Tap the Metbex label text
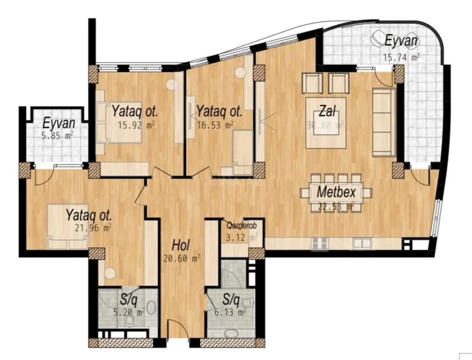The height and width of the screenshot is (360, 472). [x=337, y=192]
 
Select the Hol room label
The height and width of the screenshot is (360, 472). [x=181, y=246]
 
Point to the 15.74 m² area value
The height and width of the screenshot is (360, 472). [x=401, y=57]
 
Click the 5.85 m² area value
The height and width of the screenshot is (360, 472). [x=58, y=135]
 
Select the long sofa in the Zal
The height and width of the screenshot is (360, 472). [x=384, y=122]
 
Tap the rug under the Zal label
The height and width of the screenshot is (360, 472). [x=326, y=122]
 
